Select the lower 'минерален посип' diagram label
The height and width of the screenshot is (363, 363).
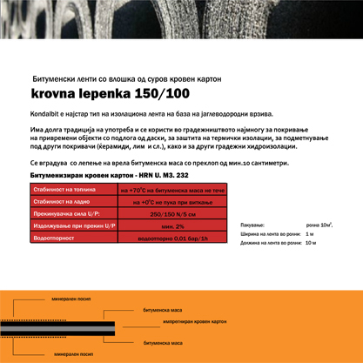(x=72, y=355)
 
